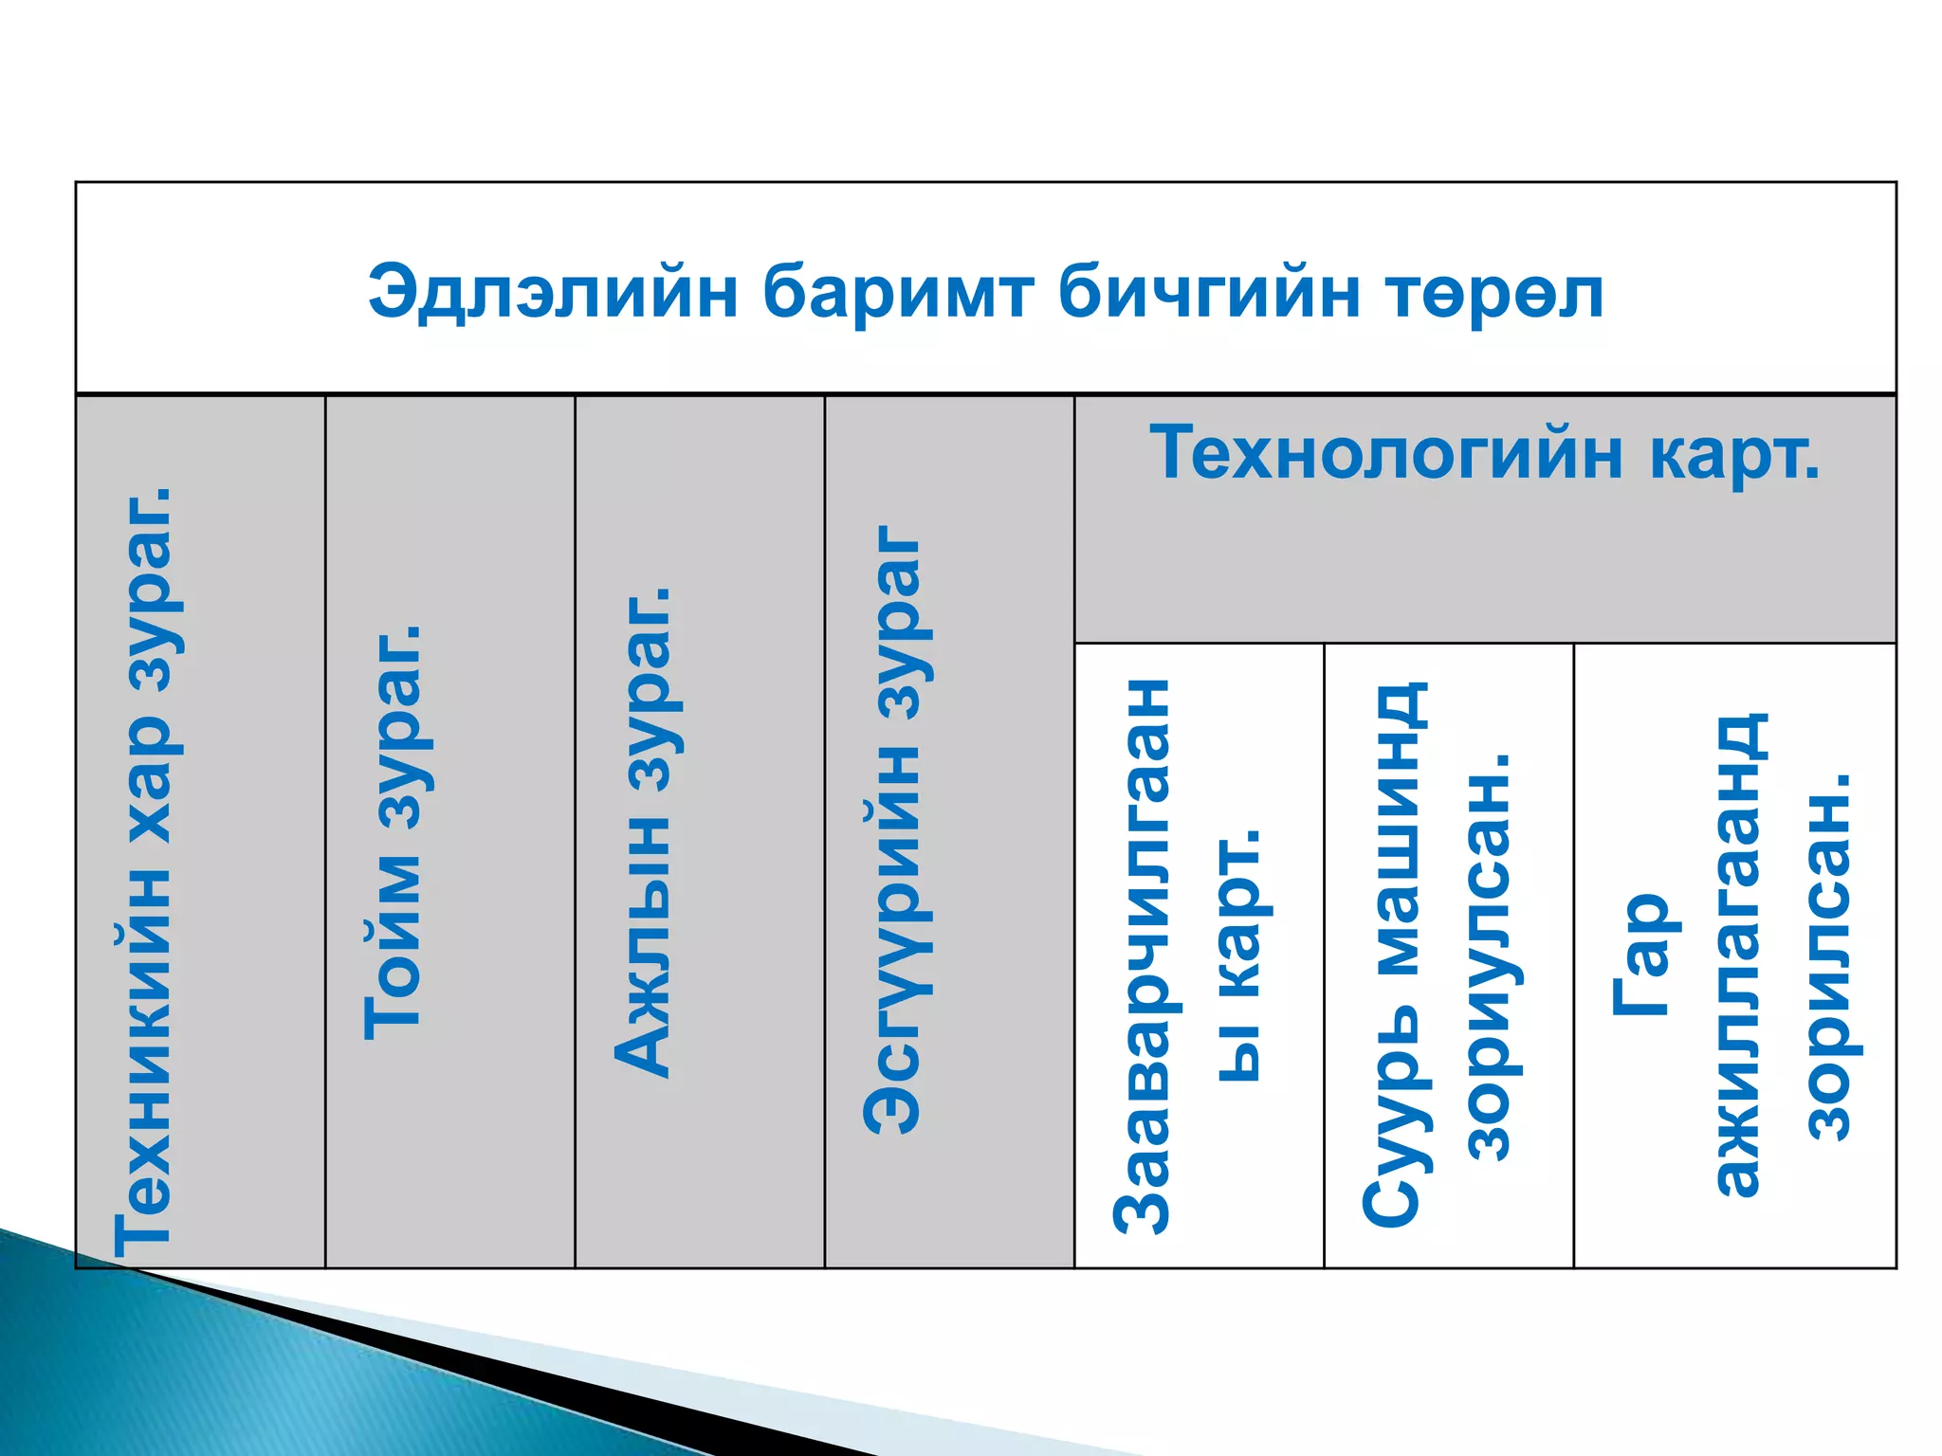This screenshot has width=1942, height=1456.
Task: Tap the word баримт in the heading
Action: [897, 292]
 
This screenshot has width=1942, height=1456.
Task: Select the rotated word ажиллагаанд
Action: [1738, 954]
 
